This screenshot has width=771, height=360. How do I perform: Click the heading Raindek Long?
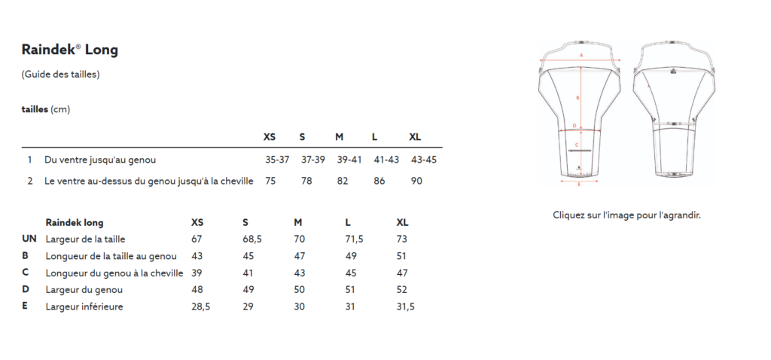(70, 50)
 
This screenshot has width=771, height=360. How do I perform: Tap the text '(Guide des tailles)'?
(60, 75)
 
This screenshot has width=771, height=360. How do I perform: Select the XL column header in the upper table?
(415, 137)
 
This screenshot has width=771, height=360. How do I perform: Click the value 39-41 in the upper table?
(349, 160)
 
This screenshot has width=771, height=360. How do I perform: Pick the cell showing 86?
(379, 181)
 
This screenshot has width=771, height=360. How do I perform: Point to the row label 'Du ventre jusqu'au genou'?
(100, 160)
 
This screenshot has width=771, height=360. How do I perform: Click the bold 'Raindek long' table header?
(75, 222)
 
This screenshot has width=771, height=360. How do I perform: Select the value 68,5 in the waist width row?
(252, 239)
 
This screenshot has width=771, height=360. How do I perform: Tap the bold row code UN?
(29, 239)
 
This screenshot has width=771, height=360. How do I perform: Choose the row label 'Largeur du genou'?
(84, 290)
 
